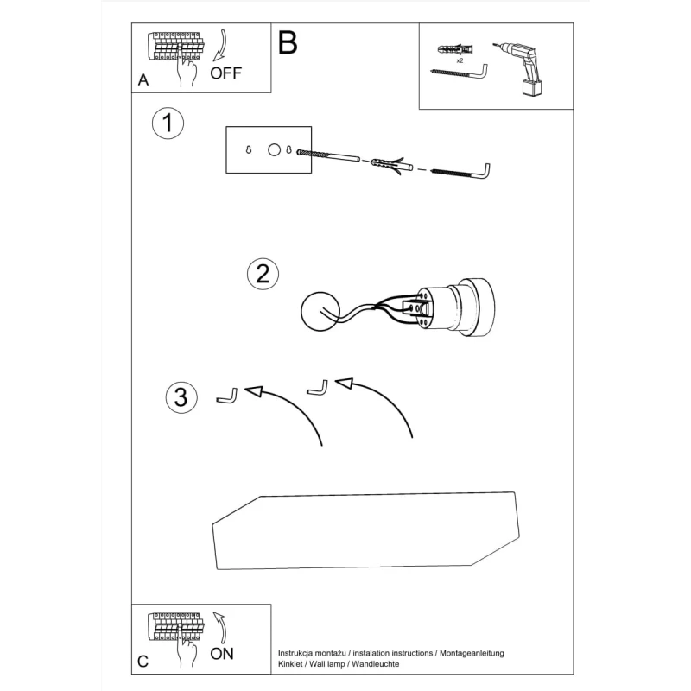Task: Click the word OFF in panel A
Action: pos(226,73)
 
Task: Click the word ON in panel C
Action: pos(222,654)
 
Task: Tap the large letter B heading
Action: pos(288,42)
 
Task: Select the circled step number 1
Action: pos(168,123)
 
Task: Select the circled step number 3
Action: pos(180,397)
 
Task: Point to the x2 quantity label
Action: pos(460,61)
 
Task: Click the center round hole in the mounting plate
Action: pos(274,150)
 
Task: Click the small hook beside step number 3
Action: pos(225,396)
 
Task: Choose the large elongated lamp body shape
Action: pos(367,531)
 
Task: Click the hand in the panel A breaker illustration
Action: pos(185,73)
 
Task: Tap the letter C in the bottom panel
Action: pos(143,662)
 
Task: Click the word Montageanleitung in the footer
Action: pos(472,653)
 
